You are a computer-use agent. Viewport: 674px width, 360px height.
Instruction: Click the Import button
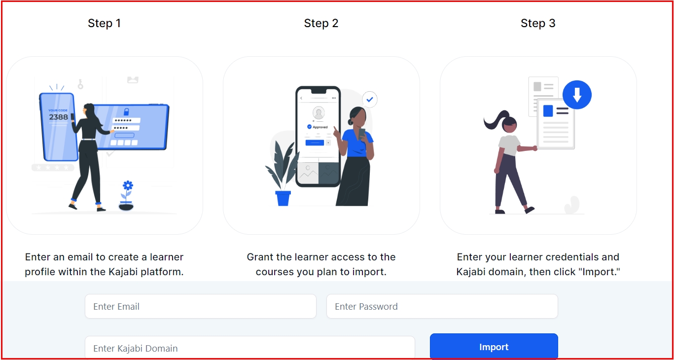pyautogui.click(x=494, y=346)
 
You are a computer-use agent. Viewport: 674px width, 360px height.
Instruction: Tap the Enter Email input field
pyautogui.click(x=200, y=306)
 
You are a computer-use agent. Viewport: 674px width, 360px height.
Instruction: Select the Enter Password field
pyautogui.click(x=442, y=306)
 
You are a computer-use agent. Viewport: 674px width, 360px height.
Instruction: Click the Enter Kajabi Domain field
pyautogui.click(x=250, y=348)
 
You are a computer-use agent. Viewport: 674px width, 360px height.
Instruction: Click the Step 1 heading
pyautogui.click(x=104, y=23)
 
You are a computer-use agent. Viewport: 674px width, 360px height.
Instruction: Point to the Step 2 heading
pyautogui.click(x=321, y=23)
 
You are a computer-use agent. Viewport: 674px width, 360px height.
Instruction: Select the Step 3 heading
pyautogui.click(x=538, y=23)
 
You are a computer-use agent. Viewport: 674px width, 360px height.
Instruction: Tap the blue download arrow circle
pyautogui.click(x=577, y=95)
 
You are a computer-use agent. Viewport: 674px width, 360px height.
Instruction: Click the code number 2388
pyautogui.click(x=58, y=117)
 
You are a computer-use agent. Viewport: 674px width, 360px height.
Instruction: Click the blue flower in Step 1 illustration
pyautogui.click(x=128, y=185)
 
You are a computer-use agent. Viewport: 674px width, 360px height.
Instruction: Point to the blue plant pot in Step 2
pyautogui.click(x=283, y=198)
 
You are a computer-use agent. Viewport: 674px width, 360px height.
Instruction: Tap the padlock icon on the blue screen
pyautogui.click(x=126, y=111)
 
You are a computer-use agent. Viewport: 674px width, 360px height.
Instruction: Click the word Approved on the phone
pyautogui.click(x=320, y=127)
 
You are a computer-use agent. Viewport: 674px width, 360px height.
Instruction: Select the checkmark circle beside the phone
pyautogui.click(x=370, y=99)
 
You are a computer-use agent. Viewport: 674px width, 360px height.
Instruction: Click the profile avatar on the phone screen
pyautogui.click(x=319, y=113)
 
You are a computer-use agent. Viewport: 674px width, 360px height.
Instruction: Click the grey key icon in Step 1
pyautogui.click(x=80, y=84)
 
